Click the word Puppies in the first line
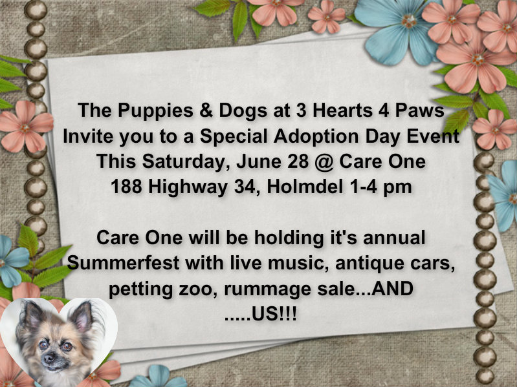[x=155, y=111]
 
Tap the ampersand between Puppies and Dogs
[x=206, y=110]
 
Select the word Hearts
[x=342, y=110]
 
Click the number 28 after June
[x=298, y=162]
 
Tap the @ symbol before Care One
[x=324, y=162]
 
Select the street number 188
[x=126, y=187]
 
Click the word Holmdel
[x=305, y=187]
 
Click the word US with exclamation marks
[x=274, y=314]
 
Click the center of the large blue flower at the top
[x=409, y=21]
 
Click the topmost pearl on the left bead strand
[x=36, y=9]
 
